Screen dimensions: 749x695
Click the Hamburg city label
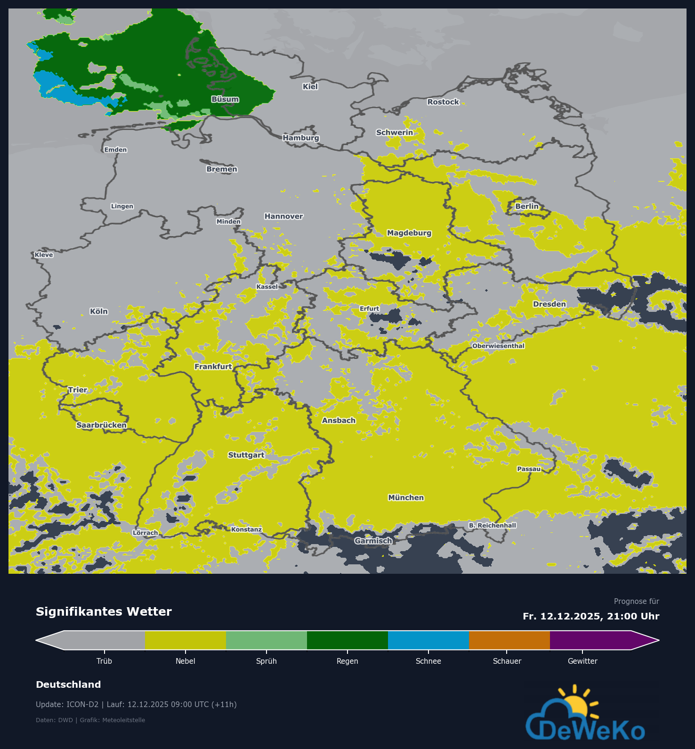301,138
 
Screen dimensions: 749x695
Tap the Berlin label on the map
526,206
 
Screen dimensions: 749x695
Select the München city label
406,497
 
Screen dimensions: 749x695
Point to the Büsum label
225,99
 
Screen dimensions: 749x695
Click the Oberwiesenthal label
498,346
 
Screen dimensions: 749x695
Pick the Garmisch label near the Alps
373,541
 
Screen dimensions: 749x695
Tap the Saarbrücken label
102,425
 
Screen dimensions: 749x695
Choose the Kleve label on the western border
44,255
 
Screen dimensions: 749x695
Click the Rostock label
443,102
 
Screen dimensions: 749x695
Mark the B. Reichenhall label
493,525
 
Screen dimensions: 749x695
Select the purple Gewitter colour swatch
590,640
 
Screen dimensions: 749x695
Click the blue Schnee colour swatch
428,640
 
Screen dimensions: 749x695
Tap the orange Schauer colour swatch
509,640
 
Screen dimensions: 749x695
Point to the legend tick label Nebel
186,661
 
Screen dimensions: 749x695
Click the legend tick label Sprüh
267,661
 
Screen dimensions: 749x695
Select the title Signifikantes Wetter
104,611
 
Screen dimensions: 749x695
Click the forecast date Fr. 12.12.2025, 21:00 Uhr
591,616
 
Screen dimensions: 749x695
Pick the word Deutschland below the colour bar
68,684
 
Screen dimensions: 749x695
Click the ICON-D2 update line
136,704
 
